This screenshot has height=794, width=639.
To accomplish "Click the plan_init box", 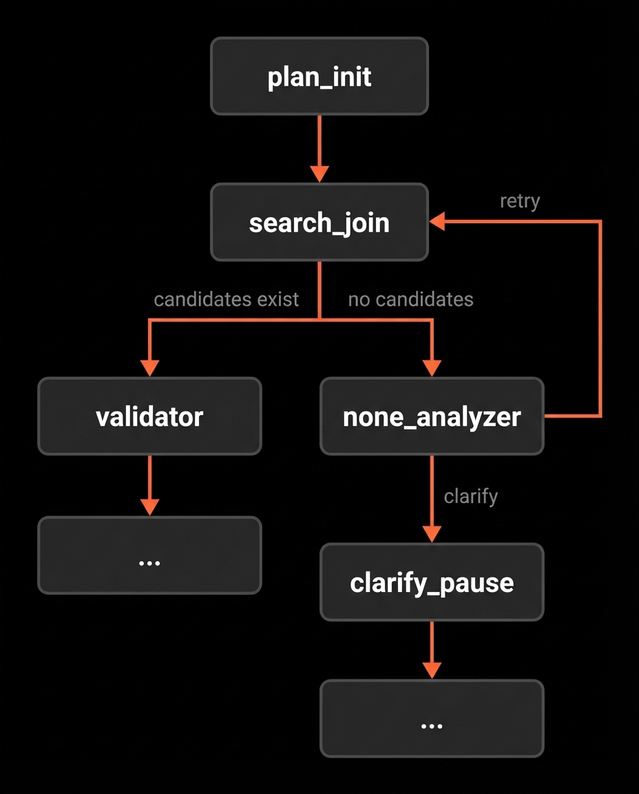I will click(x=319, y=76).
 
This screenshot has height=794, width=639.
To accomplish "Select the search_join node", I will click(x=319, y=222).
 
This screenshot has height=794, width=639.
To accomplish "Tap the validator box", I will click(x=149, y=416).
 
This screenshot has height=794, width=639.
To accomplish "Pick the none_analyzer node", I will click(x=432, y=416).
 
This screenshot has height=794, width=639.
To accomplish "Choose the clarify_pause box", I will click(x=432, y=582).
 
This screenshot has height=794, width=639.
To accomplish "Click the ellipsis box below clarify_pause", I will click(x=432, y=718).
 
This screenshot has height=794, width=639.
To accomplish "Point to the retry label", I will click(x=519, y=201).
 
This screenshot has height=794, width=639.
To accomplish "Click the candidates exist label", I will click(x=226, y=299).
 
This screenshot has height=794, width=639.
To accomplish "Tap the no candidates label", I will click(x=410, y=299).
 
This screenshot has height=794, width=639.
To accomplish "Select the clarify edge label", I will click(x=470, y=496).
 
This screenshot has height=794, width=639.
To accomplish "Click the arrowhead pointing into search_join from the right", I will click(x=438, y=221).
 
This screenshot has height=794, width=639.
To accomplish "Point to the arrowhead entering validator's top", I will click(x=149, y=368).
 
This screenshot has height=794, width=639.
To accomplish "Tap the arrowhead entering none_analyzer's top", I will click(x=432, y=368).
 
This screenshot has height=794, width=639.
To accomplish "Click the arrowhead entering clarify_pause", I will click(x=432, y=533).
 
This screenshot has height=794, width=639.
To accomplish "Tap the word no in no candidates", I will click(x=357, y=299).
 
